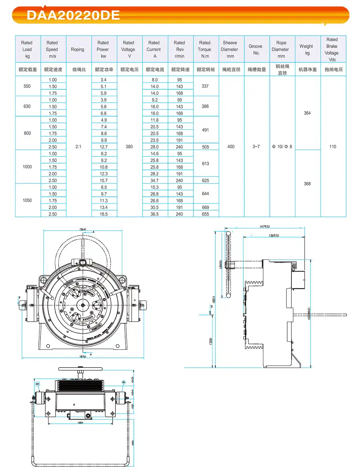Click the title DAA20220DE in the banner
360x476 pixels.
click(73, 15)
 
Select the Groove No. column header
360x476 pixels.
click(256, 50)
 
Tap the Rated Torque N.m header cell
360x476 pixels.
click(205, 50)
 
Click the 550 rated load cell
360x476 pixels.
click(27, 86)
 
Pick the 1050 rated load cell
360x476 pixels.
click(27, 201)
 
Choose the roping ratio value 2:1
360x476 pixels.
click(78, 147)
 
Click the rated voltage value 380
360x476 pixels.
click(129, 147)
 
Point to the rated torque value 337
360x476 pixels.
click(205, 86)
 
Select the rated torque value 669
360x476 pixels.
click(205, 207)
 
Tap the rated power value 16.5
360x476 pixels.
click(104, 214)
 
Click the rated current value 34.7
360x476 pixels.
click(155, 181)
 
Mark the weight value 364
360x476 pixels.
click(307, 113)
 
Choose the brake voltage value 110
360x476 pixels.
click(333, 147)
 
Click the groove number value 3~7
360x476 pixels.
click(256, 147)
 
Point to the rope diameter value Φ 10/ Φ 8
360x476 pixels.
click(282, 147)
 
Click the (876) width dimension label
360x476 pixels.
click(83, 357)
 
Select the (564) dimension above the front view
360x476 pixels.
click(83, 229)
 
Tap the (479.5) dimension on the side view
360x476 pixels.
click(265, 227)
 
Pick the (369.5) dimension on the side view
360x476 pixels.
click(274, 236)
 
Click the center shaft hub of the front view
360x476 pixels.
click(83, 305)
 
